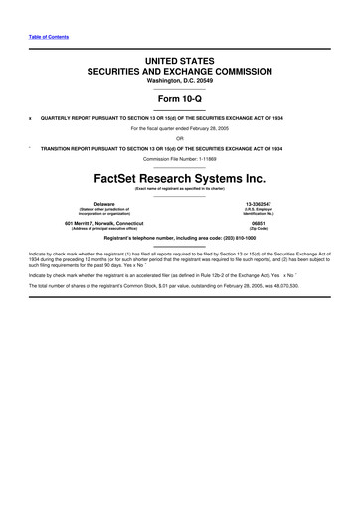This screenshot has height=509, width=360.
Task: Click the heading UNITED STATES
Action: pyautogui.click(x=179, y=62)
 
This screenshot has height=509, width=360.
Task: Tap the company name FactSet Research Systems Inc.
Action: pyautogui.click(x=179, y=181)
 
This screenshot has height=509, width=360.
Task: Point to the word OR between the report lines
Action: pyautogui.click(x=179, y=137)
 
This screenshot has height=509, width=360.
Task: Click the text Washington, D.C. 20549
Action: pyautogui.click(x=179, y=81)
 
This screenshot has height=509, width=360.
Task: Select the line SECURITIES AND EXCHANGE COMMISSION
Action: pyautogui.click(x=179, y=72)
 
